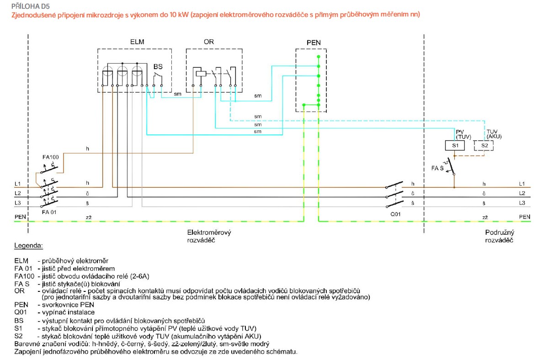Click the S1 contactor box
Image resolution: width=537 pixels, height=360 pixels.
pos(455,145)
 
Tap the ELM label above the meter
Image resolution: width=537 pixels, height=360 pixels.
pos(137,42)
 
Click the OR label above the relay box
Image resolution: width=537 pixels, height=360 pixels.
pos(208,42)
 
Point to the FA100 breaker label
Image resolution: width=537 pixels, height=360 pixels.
pos(50,157)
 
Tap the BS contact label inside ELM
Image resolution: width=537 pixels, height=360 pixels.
pos(158,66)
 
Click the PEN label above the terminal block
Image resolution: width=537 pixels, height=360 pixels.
pos(314,43)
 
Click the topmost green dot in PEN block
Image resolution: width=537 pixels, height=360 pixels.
pos(319,56)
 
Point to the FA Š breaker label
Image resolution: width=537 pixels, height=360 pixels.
pos(438,169)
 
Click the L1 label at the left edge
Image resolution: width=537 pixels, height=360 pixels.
pos(17,184)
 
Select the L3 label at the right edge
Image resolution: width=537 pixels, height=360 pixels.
pos(522,202)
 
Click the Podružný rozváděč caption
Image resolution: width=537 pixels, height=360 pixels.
pos(499,236)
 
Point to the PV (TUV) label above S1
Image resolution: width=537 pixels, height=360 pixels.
pos(463,134)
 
